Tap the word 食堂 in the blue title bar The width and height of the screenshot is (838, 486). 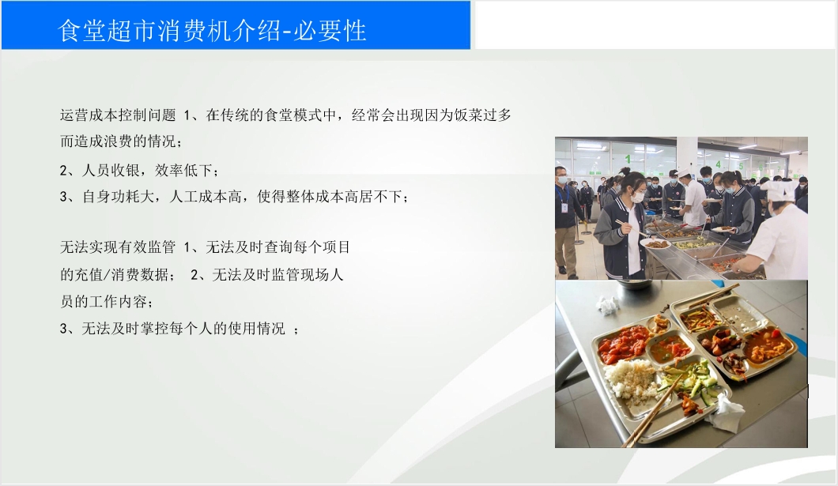[x=82, y=31]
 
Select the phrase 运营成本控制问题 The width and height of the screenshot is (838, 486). [x=118, y=115]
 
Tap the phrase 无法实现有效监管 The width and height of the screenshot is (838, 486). [x=118, y=247]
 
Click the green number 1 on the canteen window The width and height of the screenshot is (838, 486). [x=628, y=159]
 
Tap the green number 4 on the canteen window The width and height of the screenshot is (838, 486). [x=719, y=164]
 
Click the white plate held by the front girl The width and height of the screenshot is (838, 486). [x=655, y=243]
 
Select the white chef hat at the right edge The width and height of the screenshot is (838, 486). [x=779, y=190]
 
